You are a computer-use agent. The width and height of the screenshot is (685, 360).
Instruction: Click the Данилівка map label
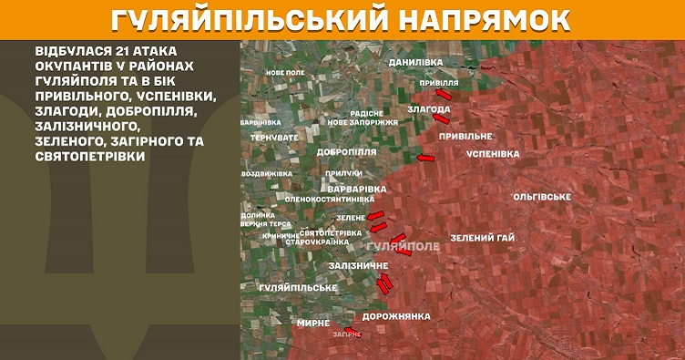(x=414, y=62)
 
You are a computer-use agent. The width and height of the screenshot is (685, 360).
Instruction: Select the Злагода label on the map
(x=429, y=109)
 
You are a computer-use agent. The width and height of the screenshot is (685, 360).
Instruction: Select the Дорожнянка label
(x=395, y=316)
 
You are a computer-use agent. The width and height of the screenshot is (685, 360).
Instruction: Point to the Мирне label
(x=312, y=323)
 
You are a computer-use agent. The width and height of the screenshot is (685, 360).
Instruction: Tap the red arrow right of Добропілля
(x=425, y=159)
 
